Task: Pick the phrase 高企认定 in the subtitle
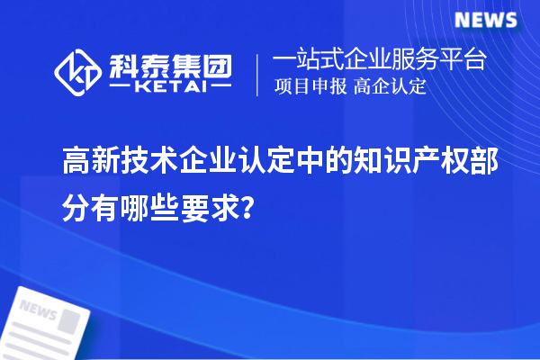pyautogui.click(x=390, y=87)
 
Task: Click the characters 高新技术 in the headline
pyautogui.click(x=115, y=164)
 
